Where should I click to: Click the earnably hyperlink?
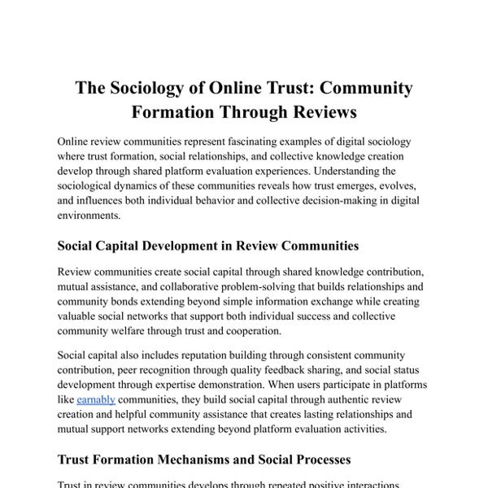(x=97, y=400)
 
